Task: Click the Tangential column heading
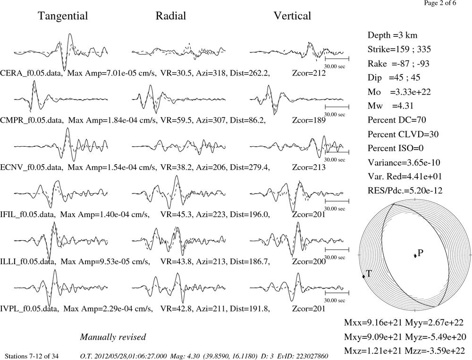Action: pyautogui.click(x=63, y=16)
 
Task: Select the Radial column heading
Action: pyautogui.click(x=171, y=16)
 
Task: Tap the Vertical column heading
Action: pyautogui.click(x=292, y=16)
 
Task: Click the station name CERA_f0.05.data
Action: pyautogui.click(x=32, y=73)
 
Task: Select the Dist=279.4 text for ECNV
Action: pyautogui.click(x=250, y=167)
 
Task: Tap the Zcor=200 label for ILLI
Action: pyautogui.click(x=309, y=261)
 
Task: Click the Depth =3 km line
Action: pyautogui.click(x=393, y=35)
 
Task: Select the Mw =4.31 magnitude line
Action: pyautogui.click(x=390, y=106)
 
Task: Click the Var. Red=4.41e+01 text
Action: pyautogui.click(x=405, y=176)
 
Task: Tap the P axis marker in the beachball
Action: pyautogui.click(x=415, y=256)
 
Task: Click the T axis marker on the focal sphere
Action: pyautogui.click(x=363, y=276)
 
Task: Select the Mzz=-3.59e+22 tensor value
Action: pyautogui.click(x=435, y=351)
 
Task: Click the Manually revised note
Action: pyautogui.click(x=113, y=337)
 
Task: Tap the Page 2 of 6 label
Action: pyautogui.click(x=440, y=3)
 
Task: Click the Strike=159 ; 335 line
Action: pyautogui.click(x=399, y=50)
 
